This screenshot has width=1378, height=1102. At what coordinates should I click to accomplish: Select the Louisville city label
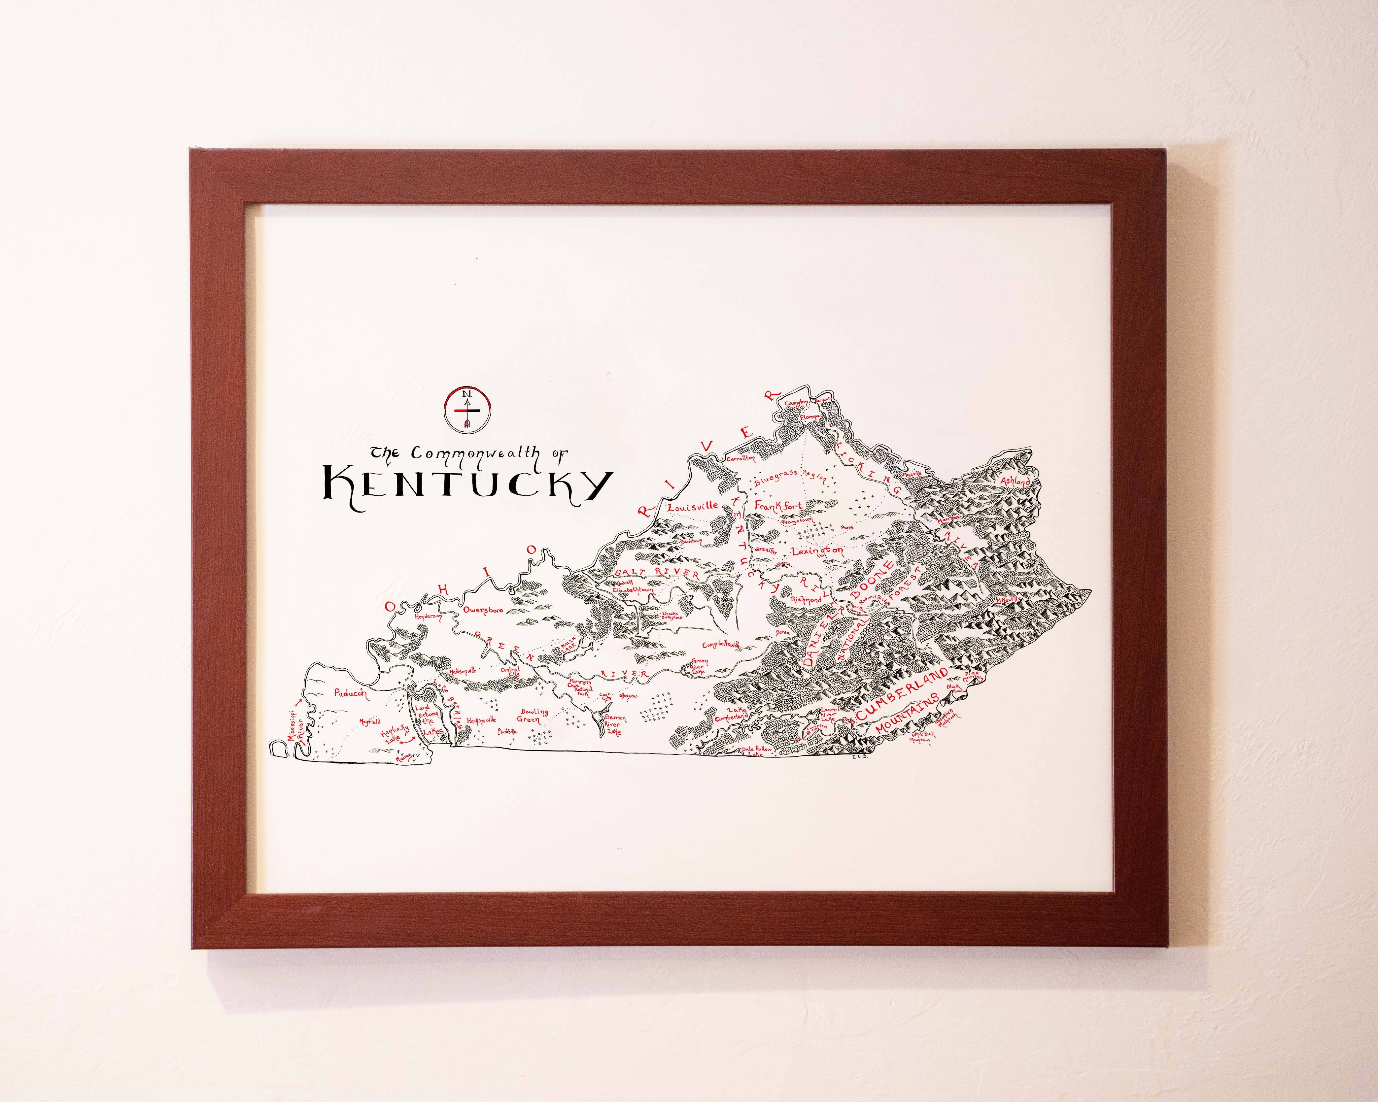click(692, 507)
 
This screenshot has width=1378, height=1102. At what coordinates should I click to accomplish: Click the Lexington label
click(817, 551)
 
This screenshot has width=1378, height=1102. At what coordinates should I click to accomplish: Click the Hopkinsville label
click(481, 720)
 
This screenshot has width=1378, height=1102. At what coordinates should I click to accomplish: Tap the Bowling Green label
click(533, 716)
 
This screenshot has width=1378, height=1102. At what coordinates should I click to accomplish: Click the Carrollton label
click(741, 458)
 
